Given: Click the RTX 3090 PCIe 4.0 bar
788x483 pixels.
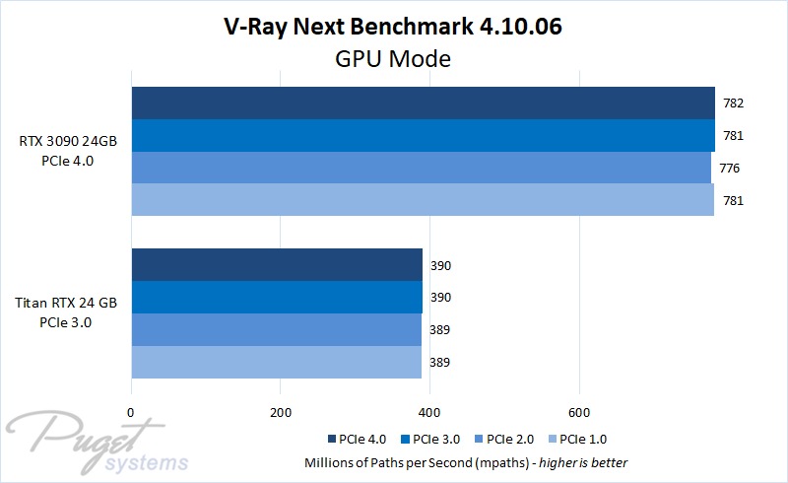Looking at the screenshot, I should click(x=424, y=103).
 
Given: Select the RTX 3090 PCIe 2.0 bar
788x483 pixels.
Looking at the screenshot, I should click(x=422, y=168).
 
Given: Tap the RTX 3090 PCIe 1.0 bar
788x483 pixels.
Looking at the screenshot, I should click(x=423, y=200).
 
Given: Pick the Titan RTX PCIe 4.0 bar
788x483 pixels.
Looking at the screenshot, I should click(x=277, y=265).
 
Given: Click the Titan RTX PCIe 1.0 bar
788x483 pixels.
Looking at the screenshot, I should click(x=276, y=362).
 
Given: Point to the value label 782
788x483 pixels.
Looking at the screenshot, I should click(x=732, y=103).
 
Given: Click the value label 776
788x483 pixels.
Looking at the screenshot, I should click(x=730, y=169).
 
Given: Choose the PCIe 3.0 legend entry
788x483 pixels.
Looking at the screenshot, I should click(x=433, y=440).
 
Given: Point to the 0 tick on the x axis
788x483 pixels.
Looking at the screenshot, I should click(x=131, y=412).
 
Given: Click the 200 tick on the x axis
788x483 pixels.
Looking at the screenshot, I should click(x=281, y=412).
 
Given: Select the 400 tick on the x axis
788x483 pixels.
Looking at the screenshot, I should click(x=430, y=412).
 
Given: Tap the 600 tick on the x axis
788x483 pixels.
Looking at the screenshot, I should click(x=579, y=412).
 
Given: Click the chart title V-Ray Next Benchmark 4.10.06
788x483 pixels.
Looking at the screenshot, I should click(x=393, y=28).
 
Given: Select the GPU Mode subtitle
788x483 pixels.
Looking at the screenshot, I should click(x=393, y=59).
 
